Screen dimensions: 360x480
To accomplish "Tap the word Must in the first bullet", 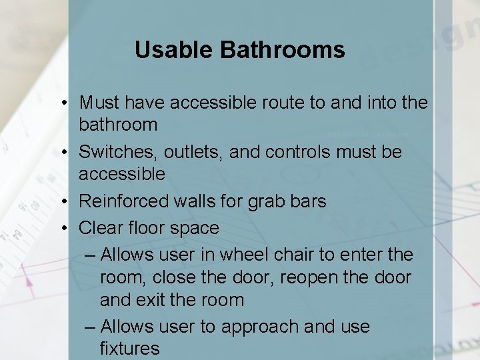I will coord(99,103).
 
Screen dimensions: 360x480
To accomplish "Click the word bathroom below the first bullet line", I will coord(118,125).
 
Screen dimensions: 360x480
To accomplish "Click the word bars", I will coord(309,201).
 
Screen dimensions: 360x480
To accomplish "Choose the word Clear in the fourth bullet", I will coord(99,228).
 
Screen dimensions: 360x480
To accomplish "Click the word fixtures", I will coord(129,348).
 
